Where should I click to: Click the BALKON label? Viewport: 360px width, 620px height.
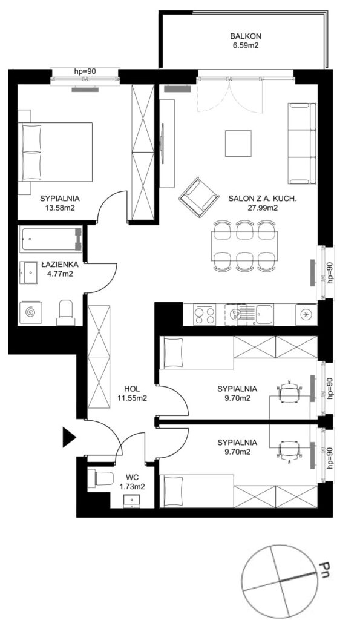246,36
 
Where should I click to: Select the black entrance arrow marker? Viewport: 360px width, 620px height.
69,437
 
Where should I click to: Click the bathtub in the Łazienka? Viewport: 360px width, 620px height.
50,239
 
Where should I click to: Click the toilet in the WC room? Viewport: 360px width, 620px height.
100,479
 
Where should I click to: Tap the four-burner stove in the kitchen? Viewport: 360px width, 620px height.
205,315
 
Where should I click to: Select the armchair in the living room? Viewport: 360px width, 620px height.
198,197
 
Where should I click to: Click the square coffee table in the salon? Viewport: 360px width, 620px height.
238,143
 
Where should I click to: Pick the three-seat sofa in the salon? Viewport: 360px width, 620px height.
303,143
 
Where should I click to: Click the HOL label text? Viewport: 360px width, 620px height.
131,389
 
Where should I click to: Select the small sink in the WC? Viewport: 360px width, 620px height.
131,501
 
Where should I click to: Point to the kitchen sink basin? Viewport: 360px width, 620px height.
264,314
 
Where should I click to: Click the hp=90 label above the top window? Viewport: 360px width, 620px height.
85,71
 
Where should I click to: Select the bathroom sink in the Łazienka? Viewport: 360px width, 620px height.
28,272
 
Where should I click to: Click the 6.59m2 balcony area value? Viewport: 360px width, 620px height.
246,45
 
